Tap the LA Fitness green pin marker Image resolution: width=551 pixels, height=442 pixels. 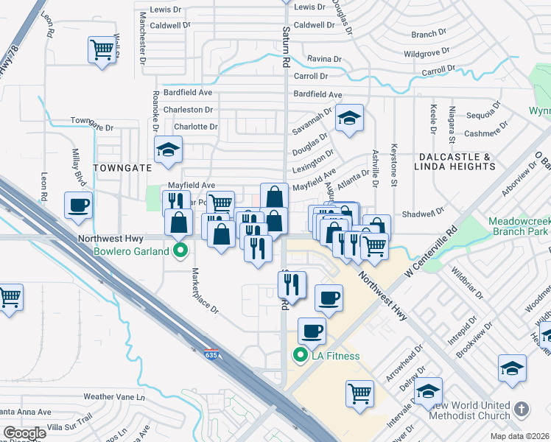pos(300,356)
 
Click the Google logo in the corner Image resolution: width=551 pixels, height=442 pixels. pos(24,433)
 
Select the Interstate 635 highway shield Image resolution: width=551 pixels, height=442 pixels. pos(212,354)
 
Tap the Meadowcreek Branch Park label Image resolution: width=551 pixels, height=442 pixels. pos(519,227)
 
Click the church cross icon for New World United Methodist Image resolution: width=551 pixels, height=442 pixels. pos(521,408)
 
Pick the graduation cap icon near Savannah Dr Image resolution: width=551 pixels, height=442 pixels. pos(349,117)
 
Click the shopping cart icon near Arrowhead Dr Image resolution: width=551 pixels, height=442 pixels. pos(359,393)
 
